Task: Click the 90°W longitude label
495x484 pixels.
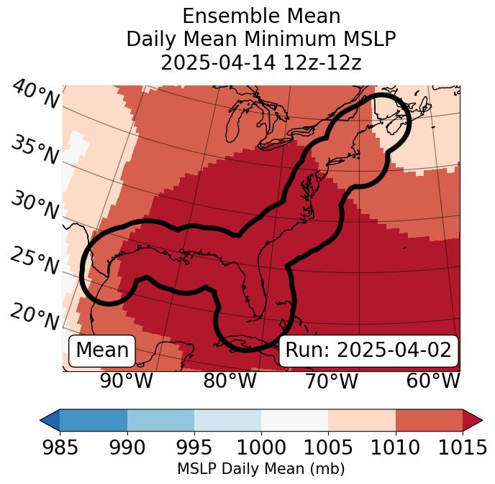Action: point(126,381)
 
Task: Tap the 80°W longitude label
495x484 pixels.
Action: point(230,381)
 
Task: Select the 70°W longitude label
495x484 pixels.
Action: point(331,381)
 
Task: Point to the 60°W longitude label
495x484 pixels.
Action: point(433,381)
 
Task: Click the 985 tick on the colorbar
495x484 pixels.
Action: point(60,448)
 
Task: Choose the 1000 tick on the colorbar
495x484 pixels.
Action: point(261,448)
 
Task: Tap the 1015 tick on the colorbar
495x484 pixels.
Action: point(462,448)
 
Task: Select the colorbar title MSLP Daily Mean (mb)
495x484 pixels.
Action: point(260,470)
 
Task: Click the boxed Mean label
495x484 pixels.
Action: point(102,350)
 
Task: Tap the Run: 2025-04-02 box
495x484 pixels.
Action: point(368,350)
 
